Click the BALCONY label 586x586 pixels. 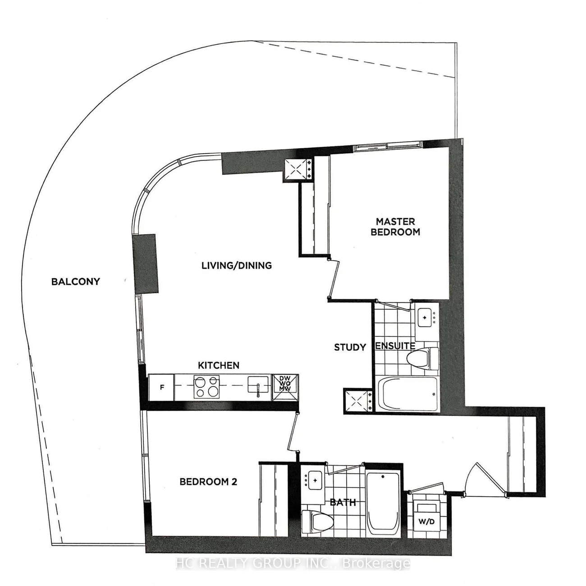[x=75, y=281]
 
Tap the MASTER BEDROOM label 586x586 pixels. [x=395, y=227]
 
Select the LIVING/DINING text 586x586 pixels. [x=237, y=266]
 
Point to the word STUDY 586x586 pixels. [x=350, y=347]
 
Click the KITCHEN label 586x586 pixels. [x=219, y=365]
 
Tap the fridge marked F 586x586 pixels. [x=161, y=387]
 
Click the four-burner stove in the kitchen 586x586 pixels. [x=206, y=387]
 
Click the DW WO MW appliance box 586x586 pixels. [x=285, y=387]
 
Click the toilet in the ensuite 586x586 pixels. [x=423, y=357]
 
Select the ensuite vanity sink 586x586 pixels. [x=426, y=317]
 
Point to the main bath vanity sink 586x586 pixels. [x=315, y=481]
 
